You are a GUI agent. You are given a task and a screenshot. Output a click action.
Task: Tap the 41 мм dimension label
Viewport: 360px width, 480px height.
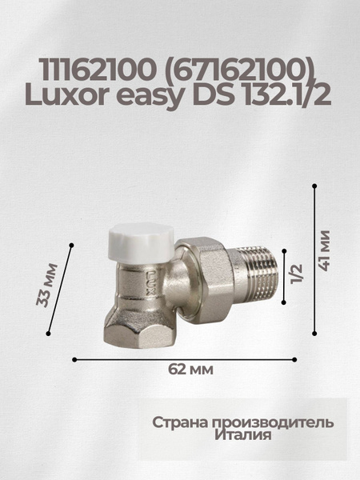pos(326,250)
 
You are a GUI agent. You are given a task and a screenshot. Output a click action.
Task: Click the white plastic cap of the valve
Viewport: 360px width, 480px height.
pos(138,239)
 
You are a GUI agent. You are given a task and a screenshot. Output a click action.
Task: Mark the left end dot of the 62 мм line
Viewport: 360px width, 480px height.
pos(74,358)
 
